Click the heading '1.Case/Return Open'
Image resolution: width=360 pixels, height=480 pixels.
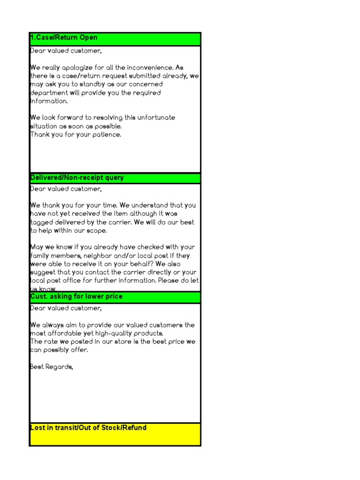pos(64,37)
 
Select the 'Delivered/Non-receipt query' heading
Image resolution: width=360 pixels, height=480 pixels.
pos(77,178)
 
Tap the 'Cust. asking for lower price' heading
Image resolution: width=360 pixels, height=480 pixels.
pos(76,297)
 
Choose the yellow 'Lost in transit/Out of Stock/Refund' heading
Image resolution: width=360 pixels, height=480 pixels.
pos(88,427)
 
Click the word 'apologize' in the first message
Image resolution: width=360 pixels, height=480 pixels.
pos(81,67)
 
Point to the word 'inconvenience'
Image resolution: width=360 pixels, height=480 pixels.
pos(150,67)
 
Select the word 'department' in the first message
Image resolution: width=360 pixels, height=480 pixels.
pos(49,93)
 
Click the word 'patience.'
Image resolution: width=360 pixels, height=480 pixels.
pos(105,135)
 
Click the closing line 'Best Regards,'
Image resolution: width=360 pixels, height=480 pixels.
pos(52,367)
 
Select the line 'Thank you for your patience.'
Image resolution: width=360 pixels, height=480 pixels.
pos(75,135)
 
